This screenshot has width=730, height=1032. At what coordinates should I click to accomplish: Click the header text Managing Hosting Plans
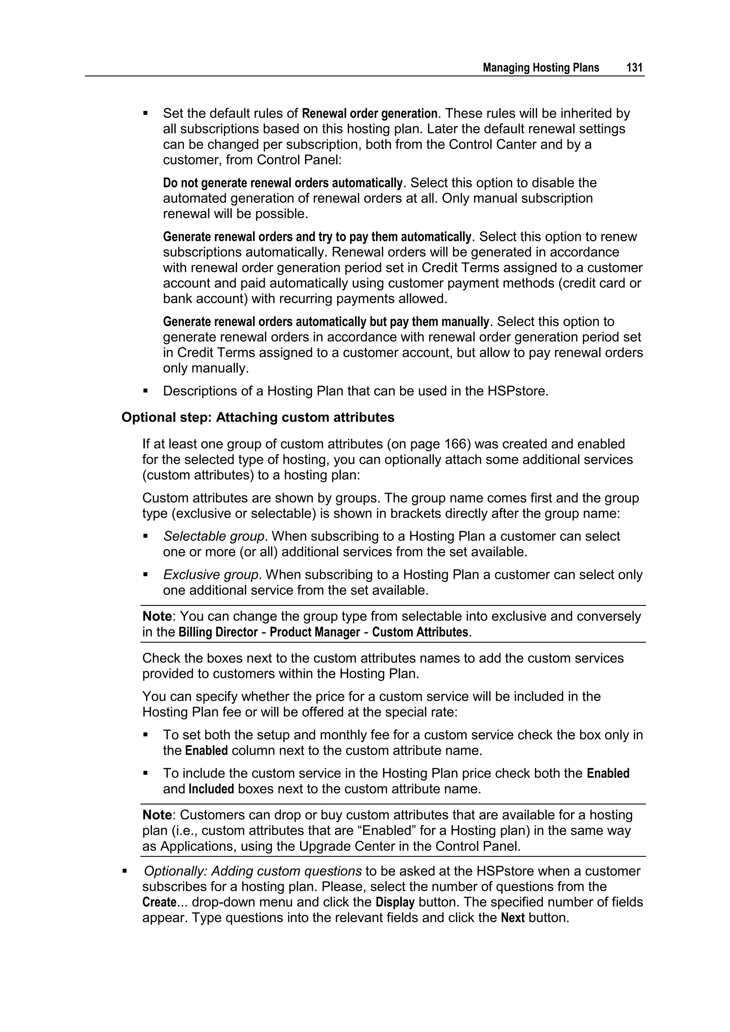[541, 68]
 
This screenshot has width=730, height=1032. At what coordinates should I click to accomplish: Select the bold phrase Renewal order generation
[370, 113]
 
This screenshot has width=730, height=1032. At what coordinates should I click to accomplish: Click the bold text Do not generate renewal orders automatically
[283, 183]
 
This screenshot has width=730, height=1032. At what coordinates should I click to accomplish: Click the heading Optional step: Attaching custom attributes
[258, 417]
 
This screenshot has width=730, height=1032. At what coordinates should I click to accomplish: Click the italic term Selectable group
[214, 536]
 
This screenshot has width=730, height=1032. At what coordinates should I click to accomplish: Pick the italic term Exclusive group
[211, 575]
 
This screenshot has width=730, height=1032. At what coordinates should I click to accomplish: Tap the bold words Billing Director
[218, 632]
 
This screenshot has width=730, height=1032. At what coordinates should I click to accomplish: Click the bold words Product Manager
[315, 632]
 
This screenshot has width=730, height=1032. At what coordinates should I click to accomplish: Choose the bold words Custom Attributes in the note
[420, 632]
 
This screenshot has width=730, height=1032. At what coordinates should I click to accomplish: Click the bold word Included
[211, 789]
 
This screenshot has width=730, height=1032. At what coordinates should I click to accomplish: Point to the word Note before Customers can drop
[157, 815]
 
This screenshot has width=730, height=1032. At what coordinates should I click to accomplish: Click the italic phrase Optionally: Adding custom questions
[253, 871]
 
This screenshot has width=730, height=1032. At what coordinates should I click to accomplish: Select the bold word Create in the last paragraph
[159, 902]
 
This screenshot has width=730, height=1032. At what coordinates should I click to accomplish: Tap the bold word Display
[395, 902]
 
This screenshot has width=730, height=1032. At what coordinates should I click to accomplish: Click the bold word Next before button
[513, 918]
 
